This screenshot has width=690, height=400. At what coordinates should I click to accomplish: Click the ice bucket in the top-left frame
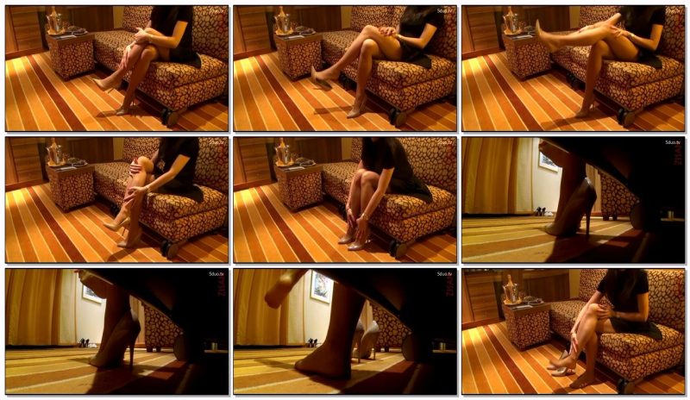[57, 21]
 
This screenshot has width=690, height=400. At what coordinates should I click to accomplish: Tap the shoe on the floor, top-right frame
[583, 110]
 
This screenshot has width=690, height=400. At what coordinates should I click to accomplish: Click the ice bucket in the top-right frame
[512, 21]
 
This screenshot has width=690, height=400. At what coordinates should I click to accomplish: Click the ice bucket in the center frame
[285, 154]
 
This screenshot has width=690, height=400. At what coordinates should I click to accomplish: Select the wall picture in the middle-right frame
[549, 161]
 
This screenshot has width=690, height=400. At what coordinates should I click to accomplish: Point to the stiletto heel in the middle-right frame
[590, 220]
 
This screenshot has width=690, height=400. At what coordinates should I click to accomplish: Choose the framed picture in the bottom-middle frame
[321, 285]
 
